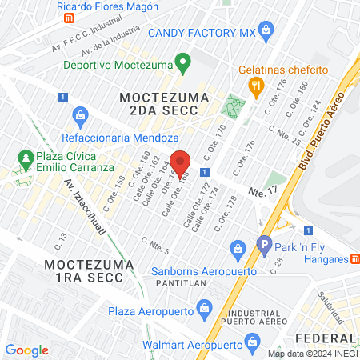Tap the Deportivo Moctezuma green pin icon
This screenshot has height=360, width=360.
click(x=182, y=61)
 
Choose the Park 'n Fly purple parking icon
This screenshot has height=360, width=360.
click(x=264, y=245)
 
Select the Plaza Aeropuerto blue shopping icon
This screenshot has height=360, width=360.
click(x=204, y=308)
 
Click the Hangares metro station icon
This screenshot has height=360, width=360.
click(x=355, y=258)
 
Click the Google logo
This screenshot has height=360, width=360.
click(x=26, y=350)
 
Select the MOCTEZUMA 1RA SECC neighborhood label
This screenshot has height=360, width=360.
click(x=84, y=270)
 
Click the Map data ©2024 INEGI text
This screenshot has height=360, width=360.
click(x=311, y=353)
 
